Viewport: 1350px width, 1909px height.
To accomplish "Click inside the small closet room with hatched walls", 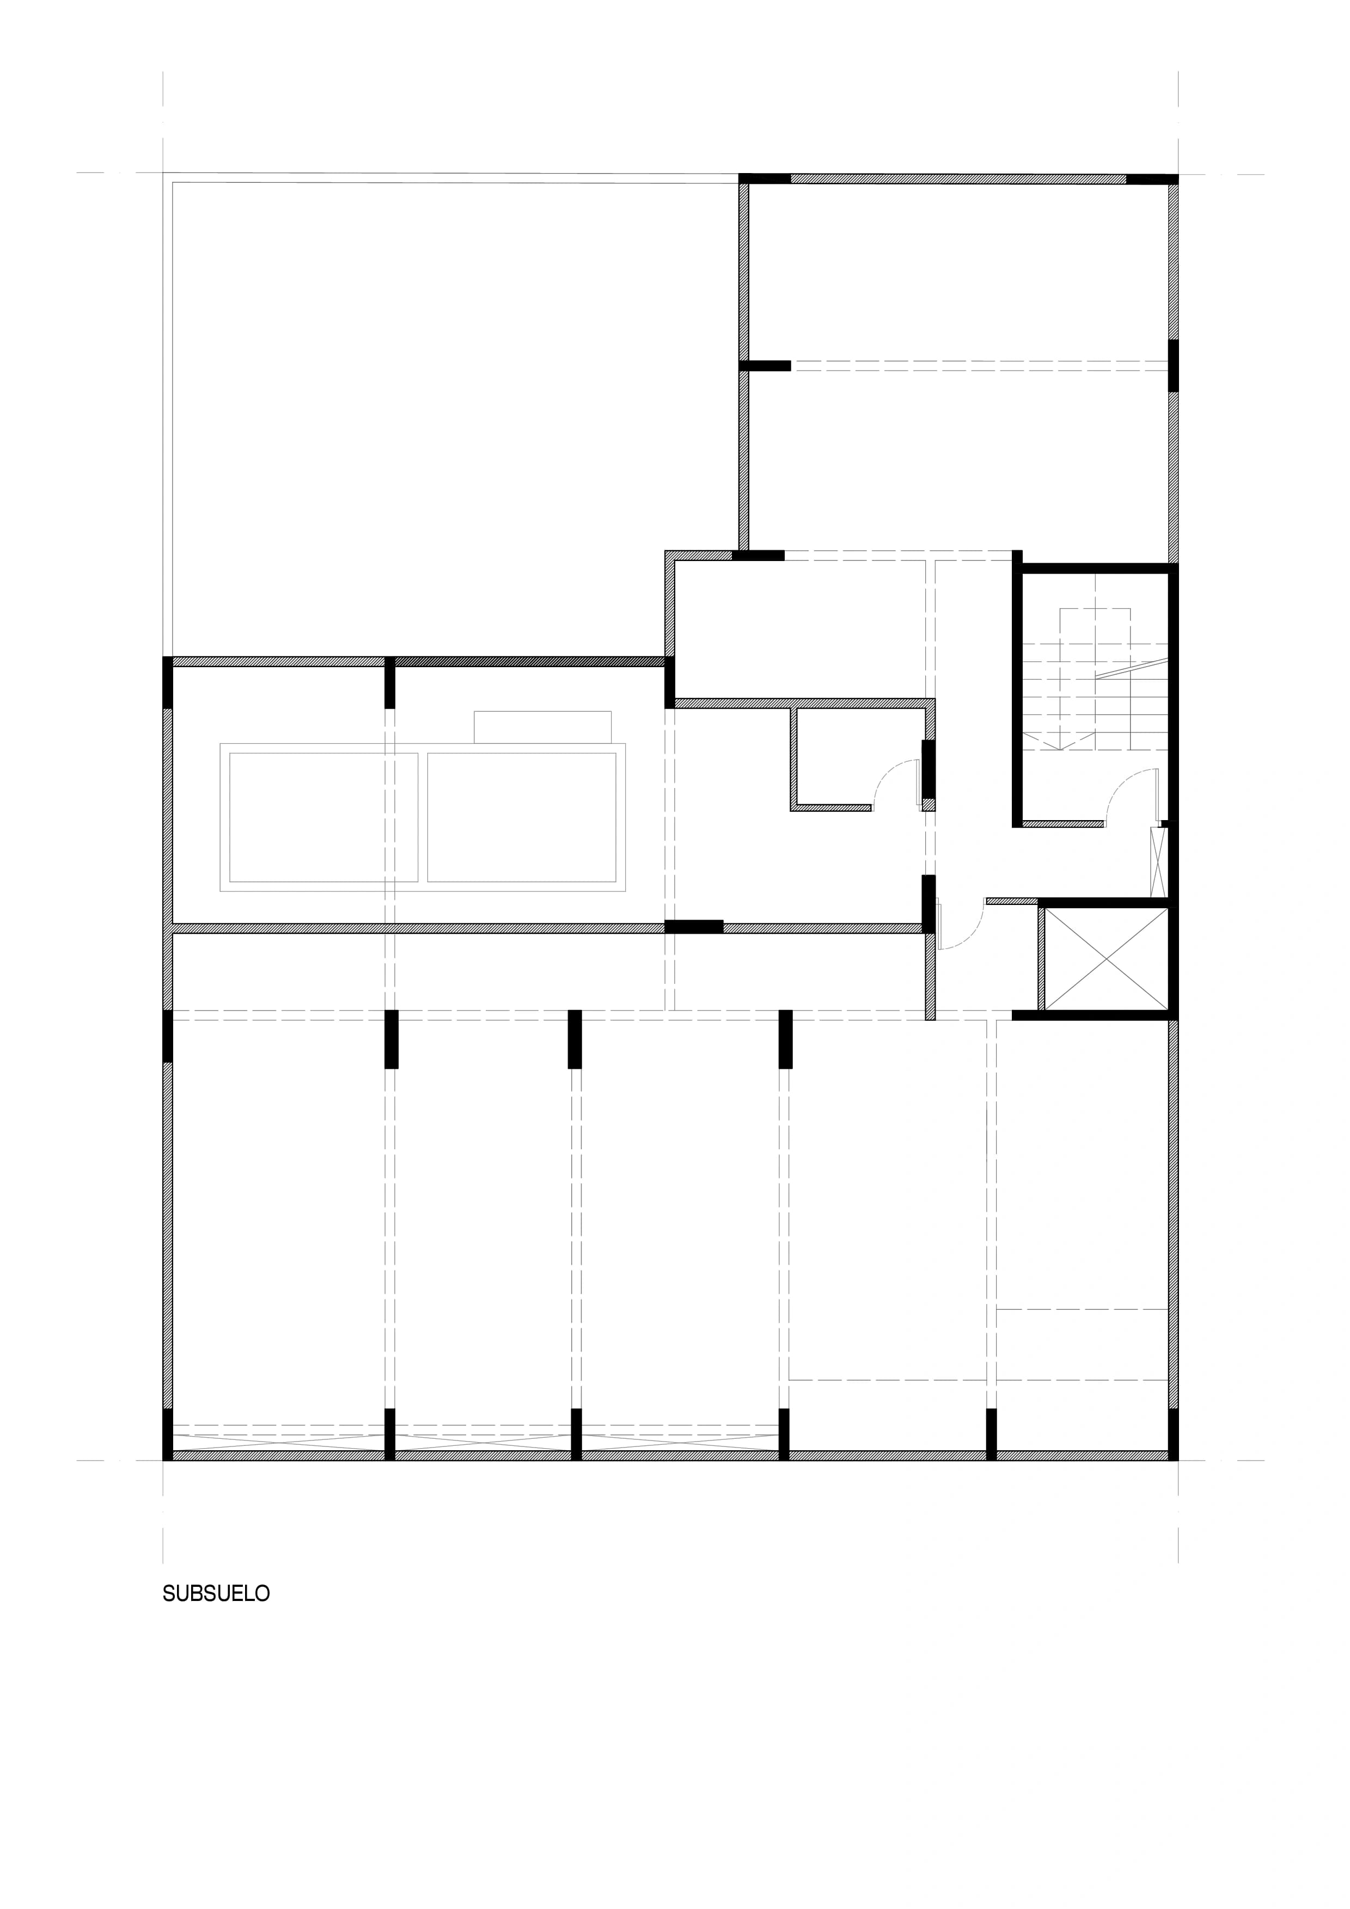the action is point(857,756).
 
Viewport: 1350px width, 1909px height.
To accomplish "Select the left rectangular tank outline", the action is point(323,817).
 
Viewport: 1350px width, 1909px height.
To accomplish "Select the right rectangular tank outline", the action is point(522,817).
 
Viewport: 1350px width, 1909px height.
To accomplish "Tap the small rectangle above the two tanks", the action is point(542,726).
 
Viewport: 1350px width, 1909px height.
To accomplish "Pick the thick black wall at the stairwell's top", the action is point(1096,569).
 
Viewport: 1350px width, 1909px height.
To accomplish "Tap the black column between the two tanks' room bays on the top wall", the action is point(389,682).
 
